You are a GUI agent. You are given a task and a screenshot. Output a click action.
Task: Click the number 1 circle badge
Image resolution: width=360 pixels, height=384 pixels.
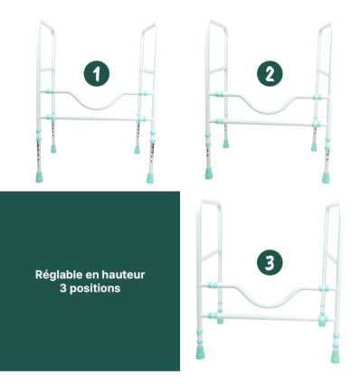[97, 74]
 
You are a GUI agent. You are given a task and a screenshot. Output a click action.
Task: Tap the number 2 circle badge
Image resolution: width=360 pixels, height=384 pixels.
[270, 74]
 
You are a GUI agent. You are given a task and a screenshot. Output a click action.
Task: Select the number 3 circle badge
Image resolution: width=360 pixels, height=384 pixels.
[270, 262]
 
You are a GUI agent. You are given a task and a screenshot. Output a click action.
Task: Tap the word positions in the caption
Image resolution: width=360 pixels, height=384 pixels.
[95, 288]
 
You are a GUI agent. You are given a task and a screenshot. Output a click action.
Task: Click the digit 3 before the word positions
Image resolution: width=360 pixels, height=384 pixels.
[62, 288]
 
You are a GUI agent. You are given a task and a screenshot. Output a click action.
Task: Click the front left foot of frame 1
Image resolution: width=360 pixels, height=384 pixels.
[39, 177]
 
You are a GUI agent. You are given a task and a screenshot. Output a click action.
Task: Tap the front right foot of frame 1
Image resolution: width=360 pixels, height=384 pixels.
[150, 178]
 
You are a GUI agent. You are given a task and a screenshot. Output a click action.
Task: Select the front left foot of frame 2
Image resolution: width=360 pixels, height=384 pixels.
[209, 173]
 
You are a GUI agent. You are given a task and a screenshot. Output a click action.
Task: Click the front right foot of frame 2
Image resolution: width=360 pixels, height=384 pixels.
[326, 178]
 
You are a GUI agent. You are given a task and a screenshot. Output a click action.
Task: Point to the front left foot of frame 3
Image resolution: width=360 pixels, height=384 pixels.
[200, 352]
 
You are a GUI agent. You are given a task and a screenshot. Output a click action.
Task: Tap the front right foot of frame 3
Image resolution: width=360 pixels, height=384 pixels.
[335, 356]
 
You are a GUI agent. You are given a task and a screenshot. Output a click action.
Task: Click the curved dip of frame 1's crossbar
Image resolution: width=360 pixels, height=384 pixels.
[96, 106]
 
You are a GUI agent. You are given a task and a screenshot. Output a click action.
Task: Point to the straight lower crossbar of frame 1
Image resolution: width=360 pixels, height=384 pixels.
[96, 118]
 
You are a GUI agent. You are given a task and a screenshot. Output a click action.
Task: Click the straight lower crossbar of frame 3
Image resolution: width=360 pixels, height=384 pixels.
[268, 317]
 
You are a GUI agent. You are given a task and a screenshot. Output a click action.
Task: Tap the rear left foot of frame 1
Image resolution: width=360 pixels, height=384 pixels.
[53, 149]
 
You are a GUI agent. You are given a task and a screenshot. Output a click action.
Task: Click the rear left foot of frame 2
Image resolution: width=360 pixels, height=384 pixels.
[226, 144]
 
